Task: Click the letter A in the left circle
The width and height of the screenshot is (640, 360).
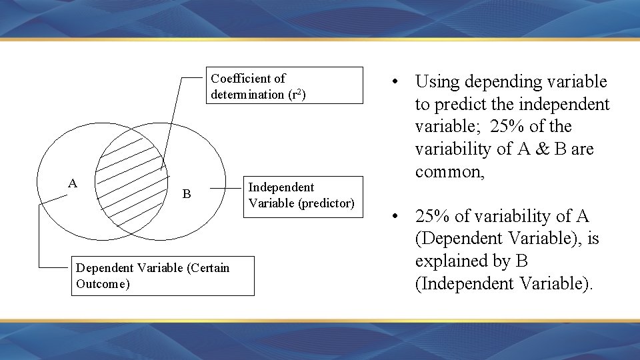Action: (73, 183)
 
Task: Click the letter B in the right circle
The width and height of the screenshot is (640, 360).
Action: (187, 194)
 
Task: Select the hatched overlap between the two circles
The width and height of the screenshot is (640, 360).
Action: (131, 180)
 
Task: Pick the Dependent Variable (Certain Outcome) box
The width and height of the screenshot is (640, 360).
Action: (163, 276)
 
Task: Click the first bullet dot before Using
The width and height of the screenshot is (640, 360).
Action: (395, 82)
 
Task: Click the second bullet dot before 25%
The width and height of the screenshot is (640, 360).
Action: (395, 217)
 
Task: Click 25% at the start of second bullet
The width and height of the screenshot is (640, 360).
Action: (433, 217)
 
